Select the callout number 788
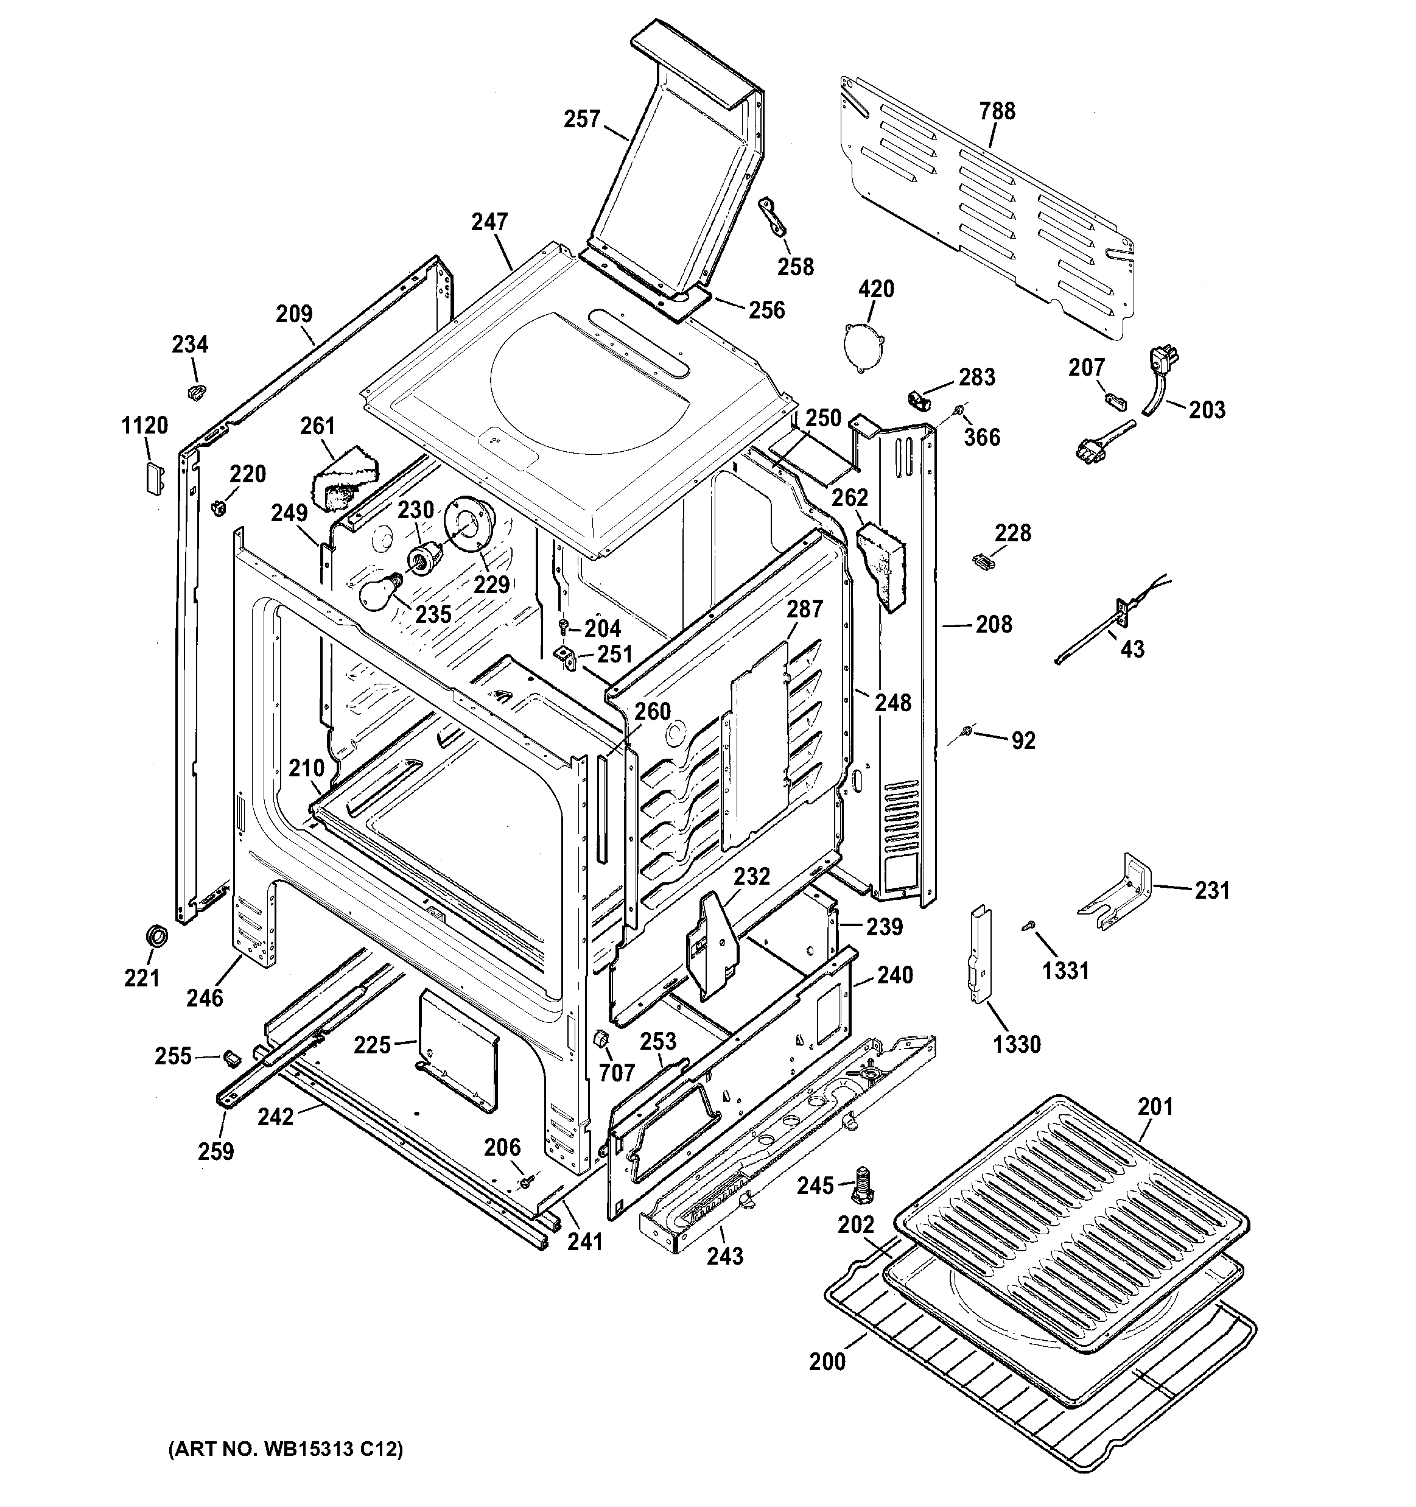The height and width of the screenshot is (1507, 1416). pyautogui.click(x=997, y=111)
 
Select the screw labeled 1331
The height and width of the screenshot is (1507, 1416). pyautogui.click(x=1029, y=925)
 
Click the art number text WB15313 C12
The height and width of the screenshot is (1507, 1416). pyautogui.click(x=284, y=1449)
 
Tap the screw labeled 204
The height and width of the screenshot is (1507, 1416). pyautogui.click(x=563, y=625)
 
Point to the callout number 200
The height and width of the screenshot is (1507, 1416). pyautogui.click(x=827, y=1361)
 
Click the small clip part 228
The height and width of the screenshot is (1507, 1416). pyautogui.click(x=982, y=561)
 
